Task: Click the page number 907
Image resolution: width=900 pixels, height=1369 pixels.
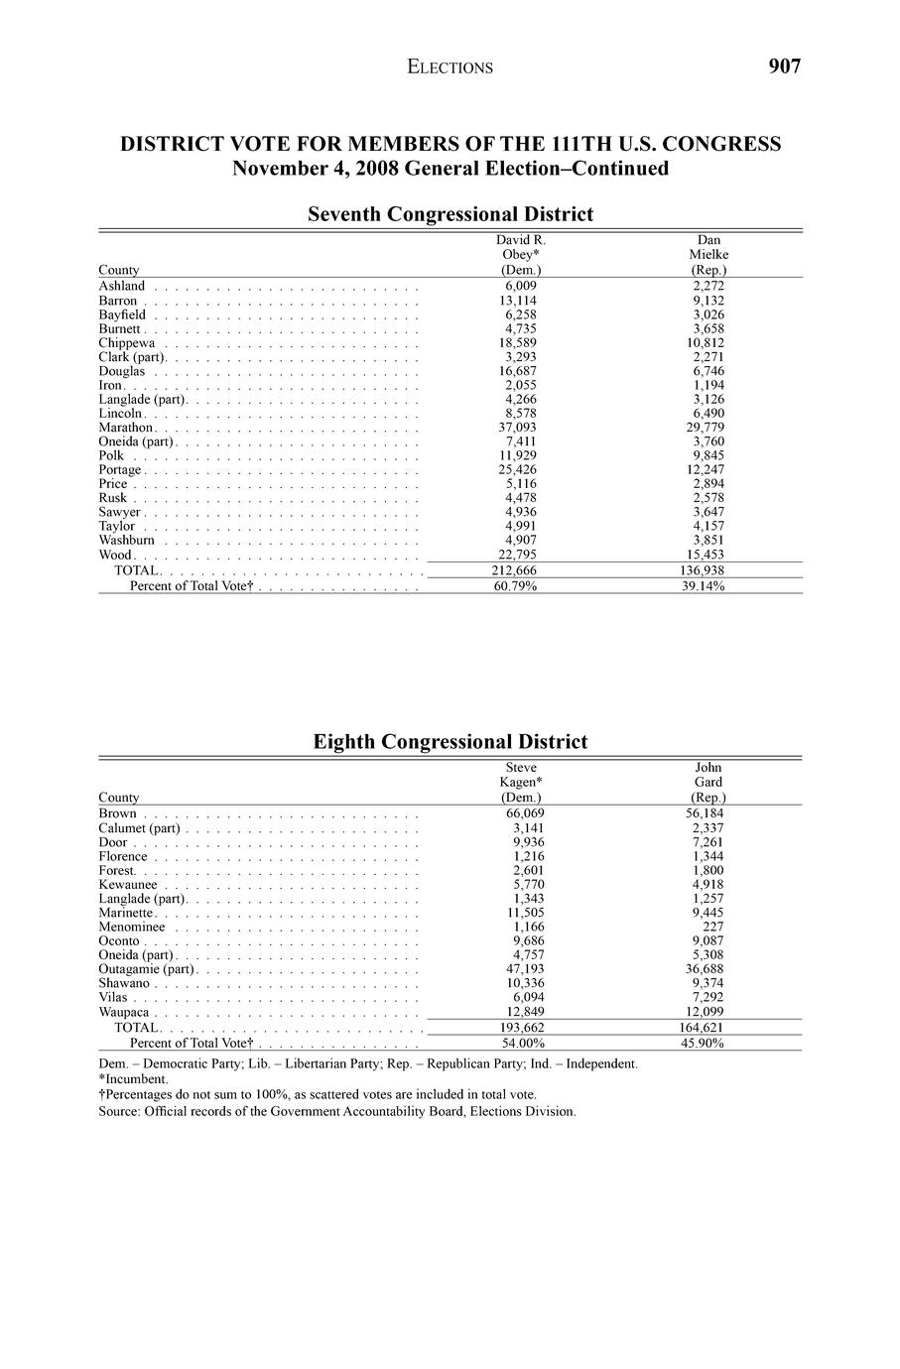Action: [784, 66]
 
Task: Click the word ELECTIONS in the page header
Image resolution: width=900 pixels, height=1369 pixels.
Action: [450, 67]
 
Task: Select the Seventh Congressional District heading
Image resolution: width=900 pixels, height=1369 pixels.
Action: [450, 214]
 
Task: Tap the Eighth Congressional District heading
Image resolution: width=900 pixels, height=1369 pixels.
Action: [450, 742]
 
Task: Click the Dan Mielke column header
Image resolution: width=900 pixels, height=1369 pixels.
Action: [708, 255]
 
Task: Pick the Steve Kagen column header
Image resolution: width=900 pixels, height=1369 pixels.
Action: [521, 782]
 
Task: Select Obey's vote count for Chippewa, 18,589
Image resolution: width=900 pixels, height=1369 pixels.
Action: [521, 342]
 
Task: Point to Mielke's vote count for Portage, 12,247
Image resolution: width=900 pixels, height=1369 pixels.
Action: [708, 469]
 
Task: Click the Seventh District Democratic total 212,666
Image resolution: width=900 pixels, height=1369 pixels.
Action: [521, 570]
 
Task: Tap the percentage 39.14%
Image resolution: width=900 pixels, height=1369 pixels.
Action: [708, 586]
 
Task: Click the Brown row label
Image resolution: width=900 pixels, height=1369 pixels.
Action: [117, 813]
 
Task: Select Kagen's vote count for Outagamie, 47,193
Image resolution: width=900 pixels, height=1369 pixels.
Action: [521, 969]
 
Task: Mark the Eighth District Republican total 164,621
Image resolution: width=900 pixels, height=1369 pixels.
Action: [708, 1027]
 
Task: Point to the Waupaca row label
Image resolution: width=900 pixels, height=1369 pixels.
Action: [123, 1012]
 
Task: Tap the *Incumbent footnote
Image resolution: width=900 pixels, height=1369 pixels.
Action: [133, 1078]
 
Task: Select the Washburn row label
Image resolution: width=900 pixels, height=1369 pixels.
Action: [126, 541]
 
